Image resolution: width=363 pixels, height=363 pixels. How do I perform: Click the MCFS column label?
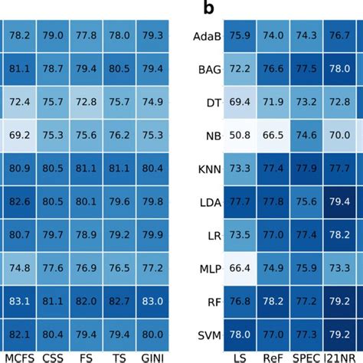coord(19,356)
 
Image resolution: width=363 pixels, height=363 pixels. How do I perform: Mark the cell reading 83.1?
coord(20,301)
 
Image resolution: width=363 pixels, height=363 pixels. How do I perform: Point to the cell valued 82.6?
coord(20,201)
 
